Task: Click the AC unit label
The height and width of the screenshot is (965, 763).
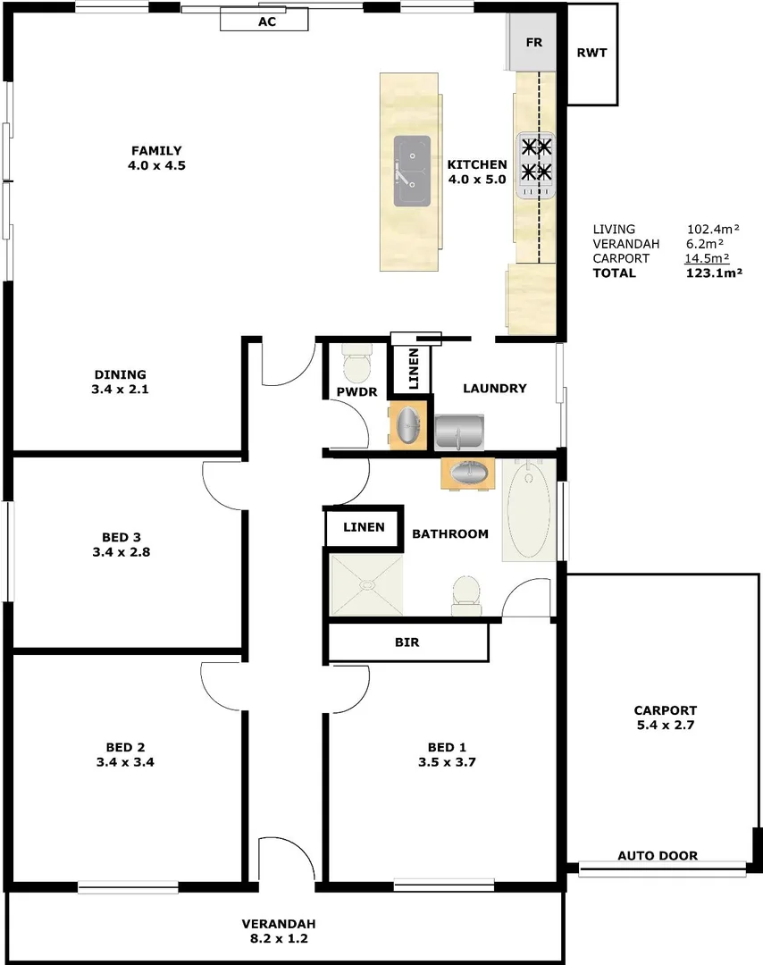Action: (x=266, y=21)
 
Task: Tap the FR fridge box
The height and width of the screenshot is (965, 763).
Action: (x=533, y=43)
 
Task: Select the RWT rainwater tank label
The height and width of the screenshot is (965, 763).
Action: (x=591, y=53)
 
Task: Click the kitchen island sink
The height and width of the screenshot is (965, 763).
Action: (x=412, y=170)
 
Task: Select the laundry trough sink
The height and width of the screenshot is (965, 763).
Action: (x=459, y=432)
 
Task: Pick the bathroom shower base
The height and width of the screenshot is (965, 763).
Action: (x=366, y=585)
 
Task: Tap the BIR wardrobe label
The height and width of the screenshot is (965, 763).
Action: (x=407, y=642)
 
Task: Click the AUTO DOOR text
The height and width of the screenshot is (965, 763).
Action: (x=658, y=856)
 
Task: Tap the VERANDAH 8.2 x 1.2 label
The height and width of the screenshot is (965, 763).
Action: (x=279, y=931)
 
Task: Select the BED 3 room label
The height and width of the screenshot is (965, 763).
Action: (x=122, y=544)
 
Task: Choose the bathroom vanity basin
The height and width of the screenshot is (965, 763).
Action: (x=467, y=473)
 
